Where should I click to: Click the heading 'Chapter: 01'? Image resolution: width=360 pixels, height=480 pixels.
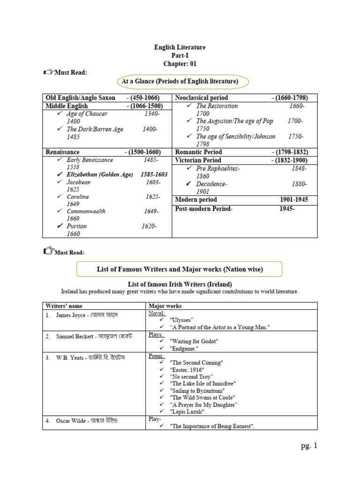coord(180,64)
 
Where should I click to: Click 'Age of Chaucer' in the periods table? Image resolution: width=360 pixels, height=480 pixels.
coord(87,114)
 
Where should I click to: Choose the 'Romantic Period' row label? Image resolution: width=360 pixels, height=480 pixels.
coord(199,152)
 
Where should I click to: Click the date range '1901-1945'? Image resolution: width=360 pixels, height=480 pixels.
coord(294,200)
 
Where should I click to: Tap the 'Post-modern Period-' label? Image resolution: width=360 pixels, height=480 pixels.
coord(204,209)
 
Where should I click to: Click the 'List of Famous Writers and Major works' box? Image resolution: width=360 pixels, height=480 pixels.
coord(180,269)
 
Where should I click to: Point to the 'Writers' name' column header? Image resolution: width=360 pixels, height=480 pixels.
coord(66,306)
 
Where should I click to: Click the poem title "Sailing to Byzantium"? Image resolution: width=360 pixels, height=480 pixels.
coord(198,390)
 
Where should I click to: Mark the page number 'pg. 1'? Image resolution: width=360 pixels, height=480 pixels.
coord(309,446)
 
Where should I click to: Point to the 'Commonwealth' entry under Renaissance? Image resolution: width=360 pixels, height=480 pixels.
coord(86,211)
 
